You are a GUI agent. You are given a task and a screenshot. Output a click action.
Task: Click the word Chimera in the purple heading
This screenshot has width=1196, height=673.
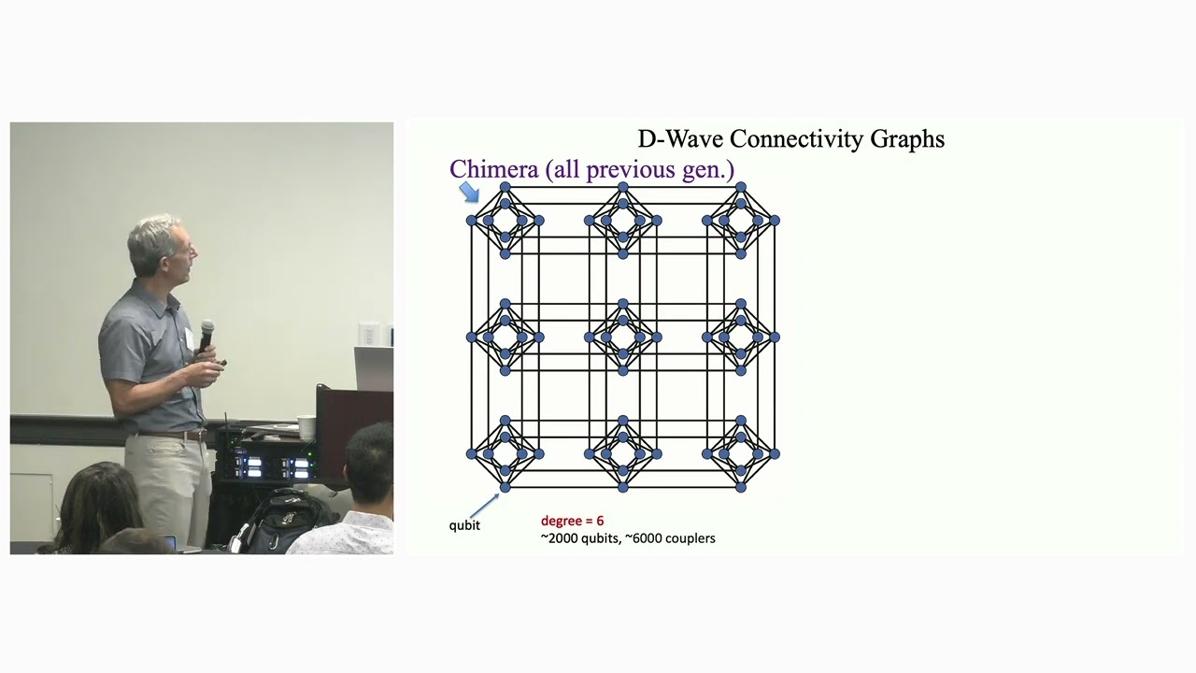click(x=493, y=169)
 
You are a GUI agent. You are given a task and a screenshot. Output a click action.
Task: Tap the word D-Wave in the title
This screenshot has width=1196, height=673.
click(x=680, y=139)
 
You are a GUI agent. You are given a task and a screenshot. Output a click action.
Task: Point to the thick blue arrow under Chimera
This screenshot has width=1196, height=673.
click(x=469, y=193)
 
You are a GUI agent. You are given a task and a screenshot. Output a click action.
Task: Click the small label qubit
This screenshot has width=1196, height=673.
click(x=464, y=525)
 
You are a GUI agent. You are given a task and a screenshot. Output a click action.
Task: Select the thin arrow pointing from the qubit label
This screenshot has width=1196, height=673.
click(x=484, y=506)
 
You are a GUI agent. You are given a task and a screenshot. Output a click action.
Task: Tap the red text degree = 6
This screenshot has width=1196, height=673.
click(x=572, y=521)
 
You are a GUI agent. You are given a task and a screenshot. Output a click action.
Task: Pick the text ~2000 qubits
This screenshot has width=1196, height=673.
click(x=579, y=538)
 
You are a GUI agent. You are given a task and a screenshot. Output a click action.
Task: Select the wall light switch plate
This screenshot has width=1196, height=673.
click(x=368, y=334)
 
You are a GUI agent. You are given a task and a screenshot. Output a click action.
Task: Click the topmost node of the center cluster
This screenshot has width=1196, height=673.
click(x=623, y=304)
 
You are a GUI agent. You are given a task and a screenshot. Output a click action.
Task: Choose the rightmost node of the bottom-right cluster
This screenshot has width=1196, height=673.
click(x=775, y=454)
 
